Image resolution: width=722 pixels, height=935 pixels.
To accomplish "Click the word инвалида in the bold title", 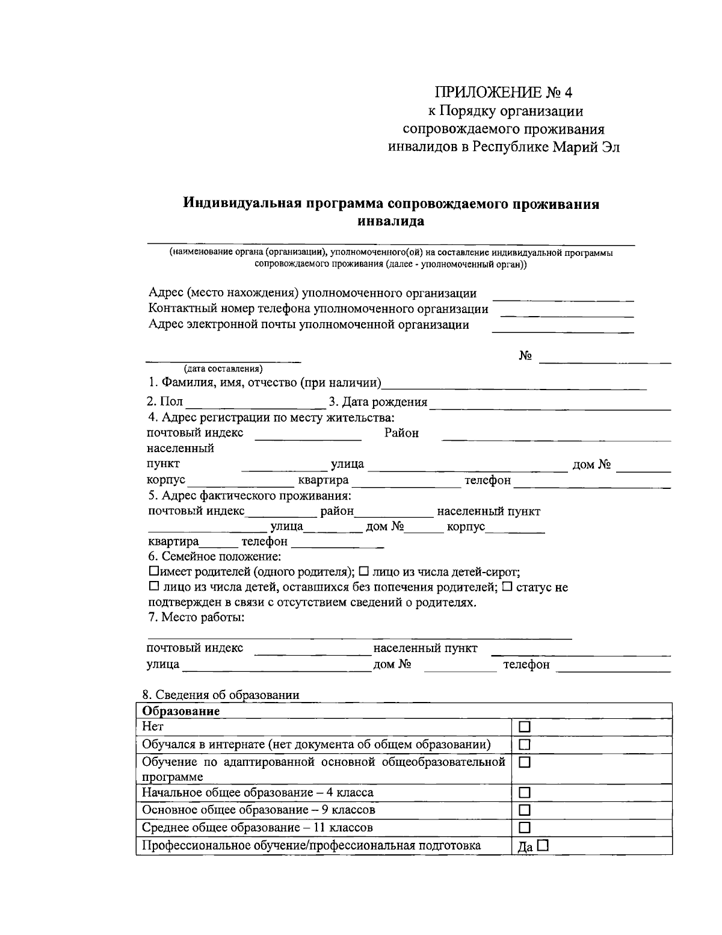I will (391, 221).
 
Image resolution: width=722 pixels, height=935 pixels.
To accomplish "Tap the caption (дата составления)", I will (223, 368).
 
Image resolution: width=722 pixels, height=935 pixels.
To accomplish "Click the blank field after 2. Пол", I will (255, 402).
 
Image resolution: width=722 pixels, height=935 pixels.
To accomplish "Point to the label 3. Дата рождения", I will (378, 402).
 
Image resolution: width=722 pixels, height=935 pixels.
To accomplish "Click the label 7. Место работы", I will (196, 618).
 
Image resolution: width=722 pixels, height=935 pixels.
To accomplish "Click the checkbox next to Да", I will (543, 845).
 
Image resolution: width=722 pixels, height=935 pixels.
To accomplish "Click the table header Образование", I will (180, 711).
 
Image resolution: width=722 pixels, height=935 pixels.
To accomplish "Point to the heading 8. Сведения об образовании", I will (224, 695).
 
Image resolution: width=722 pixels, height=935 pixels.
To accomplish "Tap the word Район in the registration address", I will (401, 433).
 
